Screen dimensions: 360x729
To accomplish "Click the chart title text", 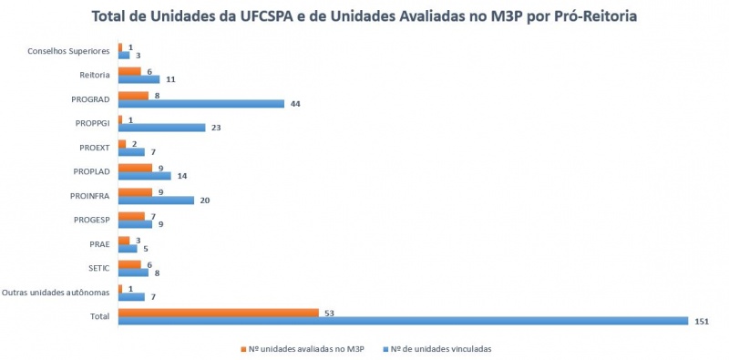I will (x=364, y=16).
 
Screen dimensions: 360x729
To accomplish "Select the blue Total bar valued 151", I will (x=403, y=321).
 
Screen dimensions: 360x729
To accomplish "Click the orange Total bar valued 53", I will (x=218, y=313).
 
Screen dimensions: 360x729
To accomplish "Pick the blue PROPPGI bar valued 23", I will (x=161, y=128).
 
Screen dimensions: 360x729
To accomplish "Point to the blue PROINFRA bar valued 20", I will (x=156, y=200).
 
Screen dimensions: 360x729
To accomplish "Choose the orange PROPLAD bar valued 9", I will (x=135, y=168).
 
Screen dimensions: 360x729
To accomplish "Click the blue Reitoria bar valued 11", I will (x=139, y=79).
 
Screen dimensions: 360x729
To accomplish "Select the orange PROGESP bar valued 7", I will (x=131, y=216).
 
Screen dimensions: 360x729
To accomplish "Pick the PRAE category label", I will (x=99, y=243).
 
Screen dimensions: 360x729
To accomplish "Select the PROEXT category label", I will (x=93, y=147).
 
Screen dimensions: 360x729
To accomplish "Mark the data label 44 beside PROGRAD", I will (x=294, y=104).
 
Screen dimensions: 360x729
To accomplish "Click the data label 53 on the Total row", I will (x=328, y=313).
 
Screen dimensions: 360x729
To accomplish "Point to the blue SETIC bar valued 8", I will (x=133, y=272).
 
